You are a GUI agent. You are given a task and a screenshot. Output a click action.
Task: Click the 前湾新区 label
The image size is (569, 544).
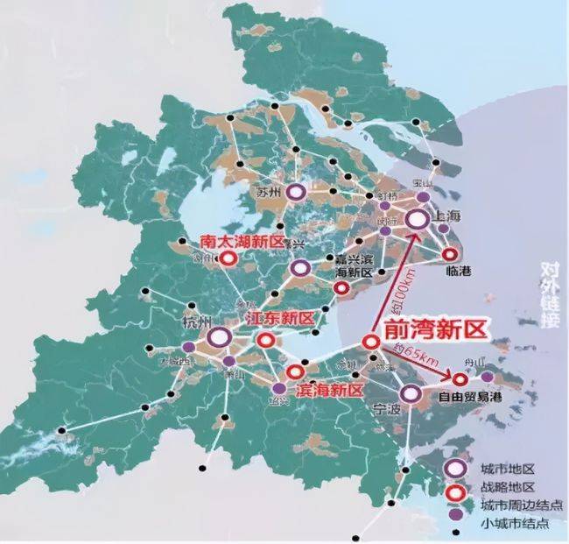(434, 329)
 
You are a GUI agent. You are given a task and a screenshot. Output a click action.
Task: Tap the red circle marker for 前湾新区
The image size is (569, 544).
(370, 343)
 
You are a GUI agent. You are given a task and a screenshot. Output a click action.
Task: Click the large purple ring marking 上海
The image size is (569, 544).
(416, 222)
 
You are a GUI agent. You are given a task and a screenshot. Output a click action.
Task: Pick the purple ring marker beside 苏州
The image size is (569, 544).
(297, 192)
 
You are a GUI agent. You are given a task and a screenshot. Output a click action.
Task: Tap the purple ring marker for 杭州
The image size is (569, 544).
(220, 336)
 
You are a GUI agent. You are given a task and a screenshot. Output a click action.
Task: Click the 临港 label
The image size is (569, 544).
(458, 272)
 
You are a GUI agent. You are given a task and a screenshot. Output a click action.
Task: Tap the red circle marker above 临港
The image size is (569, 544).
(451, 254)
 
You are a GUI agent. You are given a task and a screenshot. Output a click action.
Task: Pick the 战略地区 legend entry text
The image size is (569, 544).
(502, 488)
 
